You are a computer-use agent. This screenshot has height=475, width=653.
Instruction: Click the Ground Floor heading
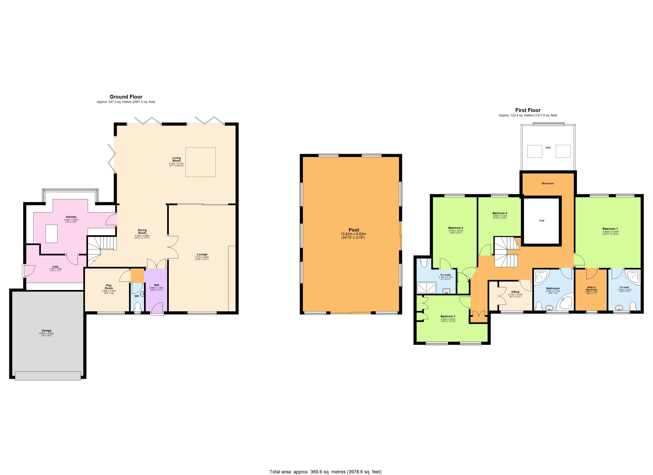[x=126, y=97]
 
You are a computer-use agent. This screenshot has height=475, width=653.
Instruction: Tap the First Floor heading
[x=528, y=110]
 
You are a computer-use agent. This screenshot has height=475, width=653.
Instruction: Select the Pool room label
[x=354, y=230]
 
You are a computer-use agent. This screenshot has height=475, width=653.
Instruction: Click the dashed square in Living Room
[x=200, y=162]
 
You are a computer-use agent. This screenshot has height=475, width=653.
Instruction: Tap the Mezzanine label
[x=548, y=183]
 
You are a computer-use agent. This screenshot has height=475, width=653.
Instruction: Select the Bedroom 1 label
[x=610, y=229]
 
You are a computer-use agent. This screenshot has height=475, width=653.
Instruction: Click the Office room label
[x=515, y=292]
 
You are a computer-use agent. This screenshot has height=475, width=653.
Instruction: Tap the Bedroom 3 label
[x=448, y=316]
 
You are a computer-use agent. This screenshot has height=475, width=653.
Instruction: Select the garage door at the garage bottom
[x=48, y=376]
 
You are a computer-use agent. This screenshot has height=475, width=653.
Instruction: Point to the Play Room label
[x=109, y=287]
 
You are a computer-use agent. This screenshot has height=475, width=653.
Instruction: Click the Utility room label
[x=55, y=267]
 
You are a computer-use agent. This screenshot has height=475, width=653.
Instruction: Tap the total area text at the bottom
[x=325, y=472]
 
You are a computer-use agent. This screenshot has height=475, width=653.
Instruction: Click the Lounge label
[x=202, y=254]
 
